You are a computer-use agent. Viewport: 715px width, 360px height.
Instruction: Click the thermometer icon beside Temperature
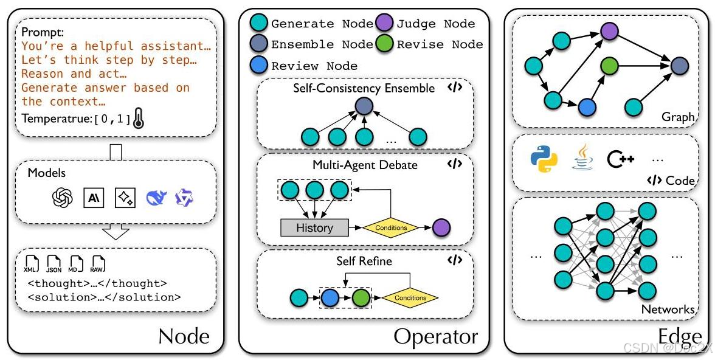click(140, 120)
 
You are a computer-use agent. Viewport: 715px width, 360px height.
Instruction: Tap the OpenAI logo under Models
click(62, 198)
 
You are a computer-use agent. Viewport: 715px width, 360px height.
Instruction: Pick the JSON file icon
click(54, 264)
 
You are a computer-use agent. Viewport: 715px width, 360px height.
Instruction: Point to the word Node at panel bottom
click(184, 336)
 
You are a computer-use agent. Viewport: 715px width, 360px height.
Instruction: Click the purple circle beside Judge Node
click(384, 24)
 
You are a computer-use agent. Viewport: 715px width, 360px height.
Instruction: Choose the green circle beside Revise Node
click(384, 44)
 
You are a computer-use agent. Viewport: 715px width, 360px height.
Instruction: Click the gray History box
click(314, 228)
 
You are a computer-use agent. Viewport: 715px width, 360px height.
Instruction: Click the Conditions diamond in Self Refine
click(410, 298)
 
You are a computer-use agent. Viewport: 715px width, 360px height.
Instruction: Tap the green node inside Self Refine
click(361, 298)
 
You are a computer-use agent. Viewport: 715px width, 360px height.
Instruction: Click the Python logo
click(544, 159)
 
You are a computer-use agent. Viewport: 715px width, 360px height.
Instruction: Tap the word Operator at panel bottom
click(435, 336)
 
